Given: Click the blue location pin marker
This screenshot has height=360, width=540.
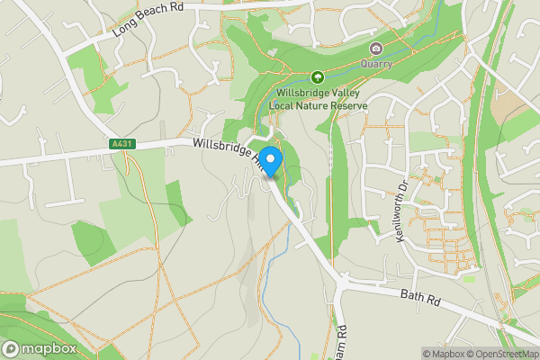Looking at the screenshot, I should [271, 161].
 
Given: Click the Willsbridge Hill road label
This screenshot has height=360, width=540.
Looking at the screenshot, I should [224, 151].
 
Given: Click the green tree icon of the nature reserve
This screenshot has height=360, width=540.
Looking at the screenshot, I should [318, 77].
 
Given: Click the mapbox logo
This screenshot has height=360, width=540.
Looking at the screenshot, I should [38, 349].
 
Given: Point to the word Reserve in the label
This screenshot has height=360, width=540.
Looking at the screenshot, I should [348, 105].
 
